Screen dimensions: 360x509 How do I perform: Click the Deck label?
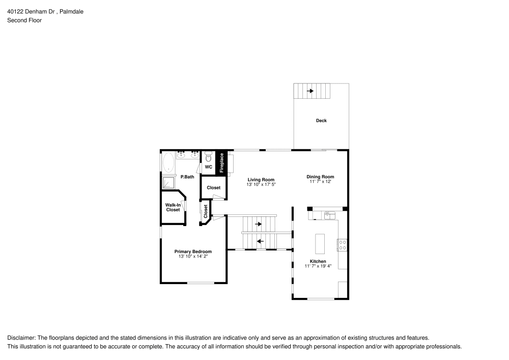click(321, 121)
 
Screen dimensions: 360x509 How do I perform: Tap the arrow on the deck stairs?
click(310, 91)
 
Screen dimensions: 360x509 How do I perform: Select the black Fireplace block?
click(221, 162)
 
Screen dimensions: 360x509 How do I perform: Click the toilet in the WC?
click(208, 157)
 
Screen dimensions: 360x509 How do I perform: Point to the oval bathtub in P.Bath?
click(168, 163)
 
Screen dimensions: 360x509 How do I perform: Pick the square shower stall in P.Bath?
click(168, 182)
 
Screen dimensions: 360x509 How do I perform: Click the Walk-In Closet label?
click(173, 207)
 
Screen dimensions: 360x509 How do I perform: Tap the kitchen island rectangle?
click(320, 244)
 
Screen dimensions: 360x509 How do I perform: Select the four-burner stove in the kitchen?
click(342, 245)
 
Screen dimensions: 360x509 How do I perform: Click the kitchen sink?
click(329, 215)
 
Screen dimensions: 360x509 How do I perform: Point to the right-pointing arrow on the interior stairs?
click(258, 224)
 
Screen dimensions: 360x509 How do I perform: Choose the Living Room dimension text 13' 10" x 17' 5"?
click(261, 184)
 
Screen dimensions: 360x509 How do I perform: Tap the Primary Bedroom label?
click(193, 252)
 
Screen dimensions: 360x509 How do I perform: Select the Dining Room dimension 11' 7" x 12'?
click(320, 181)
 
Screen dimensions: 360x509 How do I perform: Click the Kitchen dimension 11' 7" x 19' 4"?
click(318, 266)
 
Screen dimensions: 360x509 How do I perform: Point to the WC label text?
click(208, 167)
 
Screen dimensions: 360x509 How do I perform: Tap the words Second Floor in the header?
click(24, 20)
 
